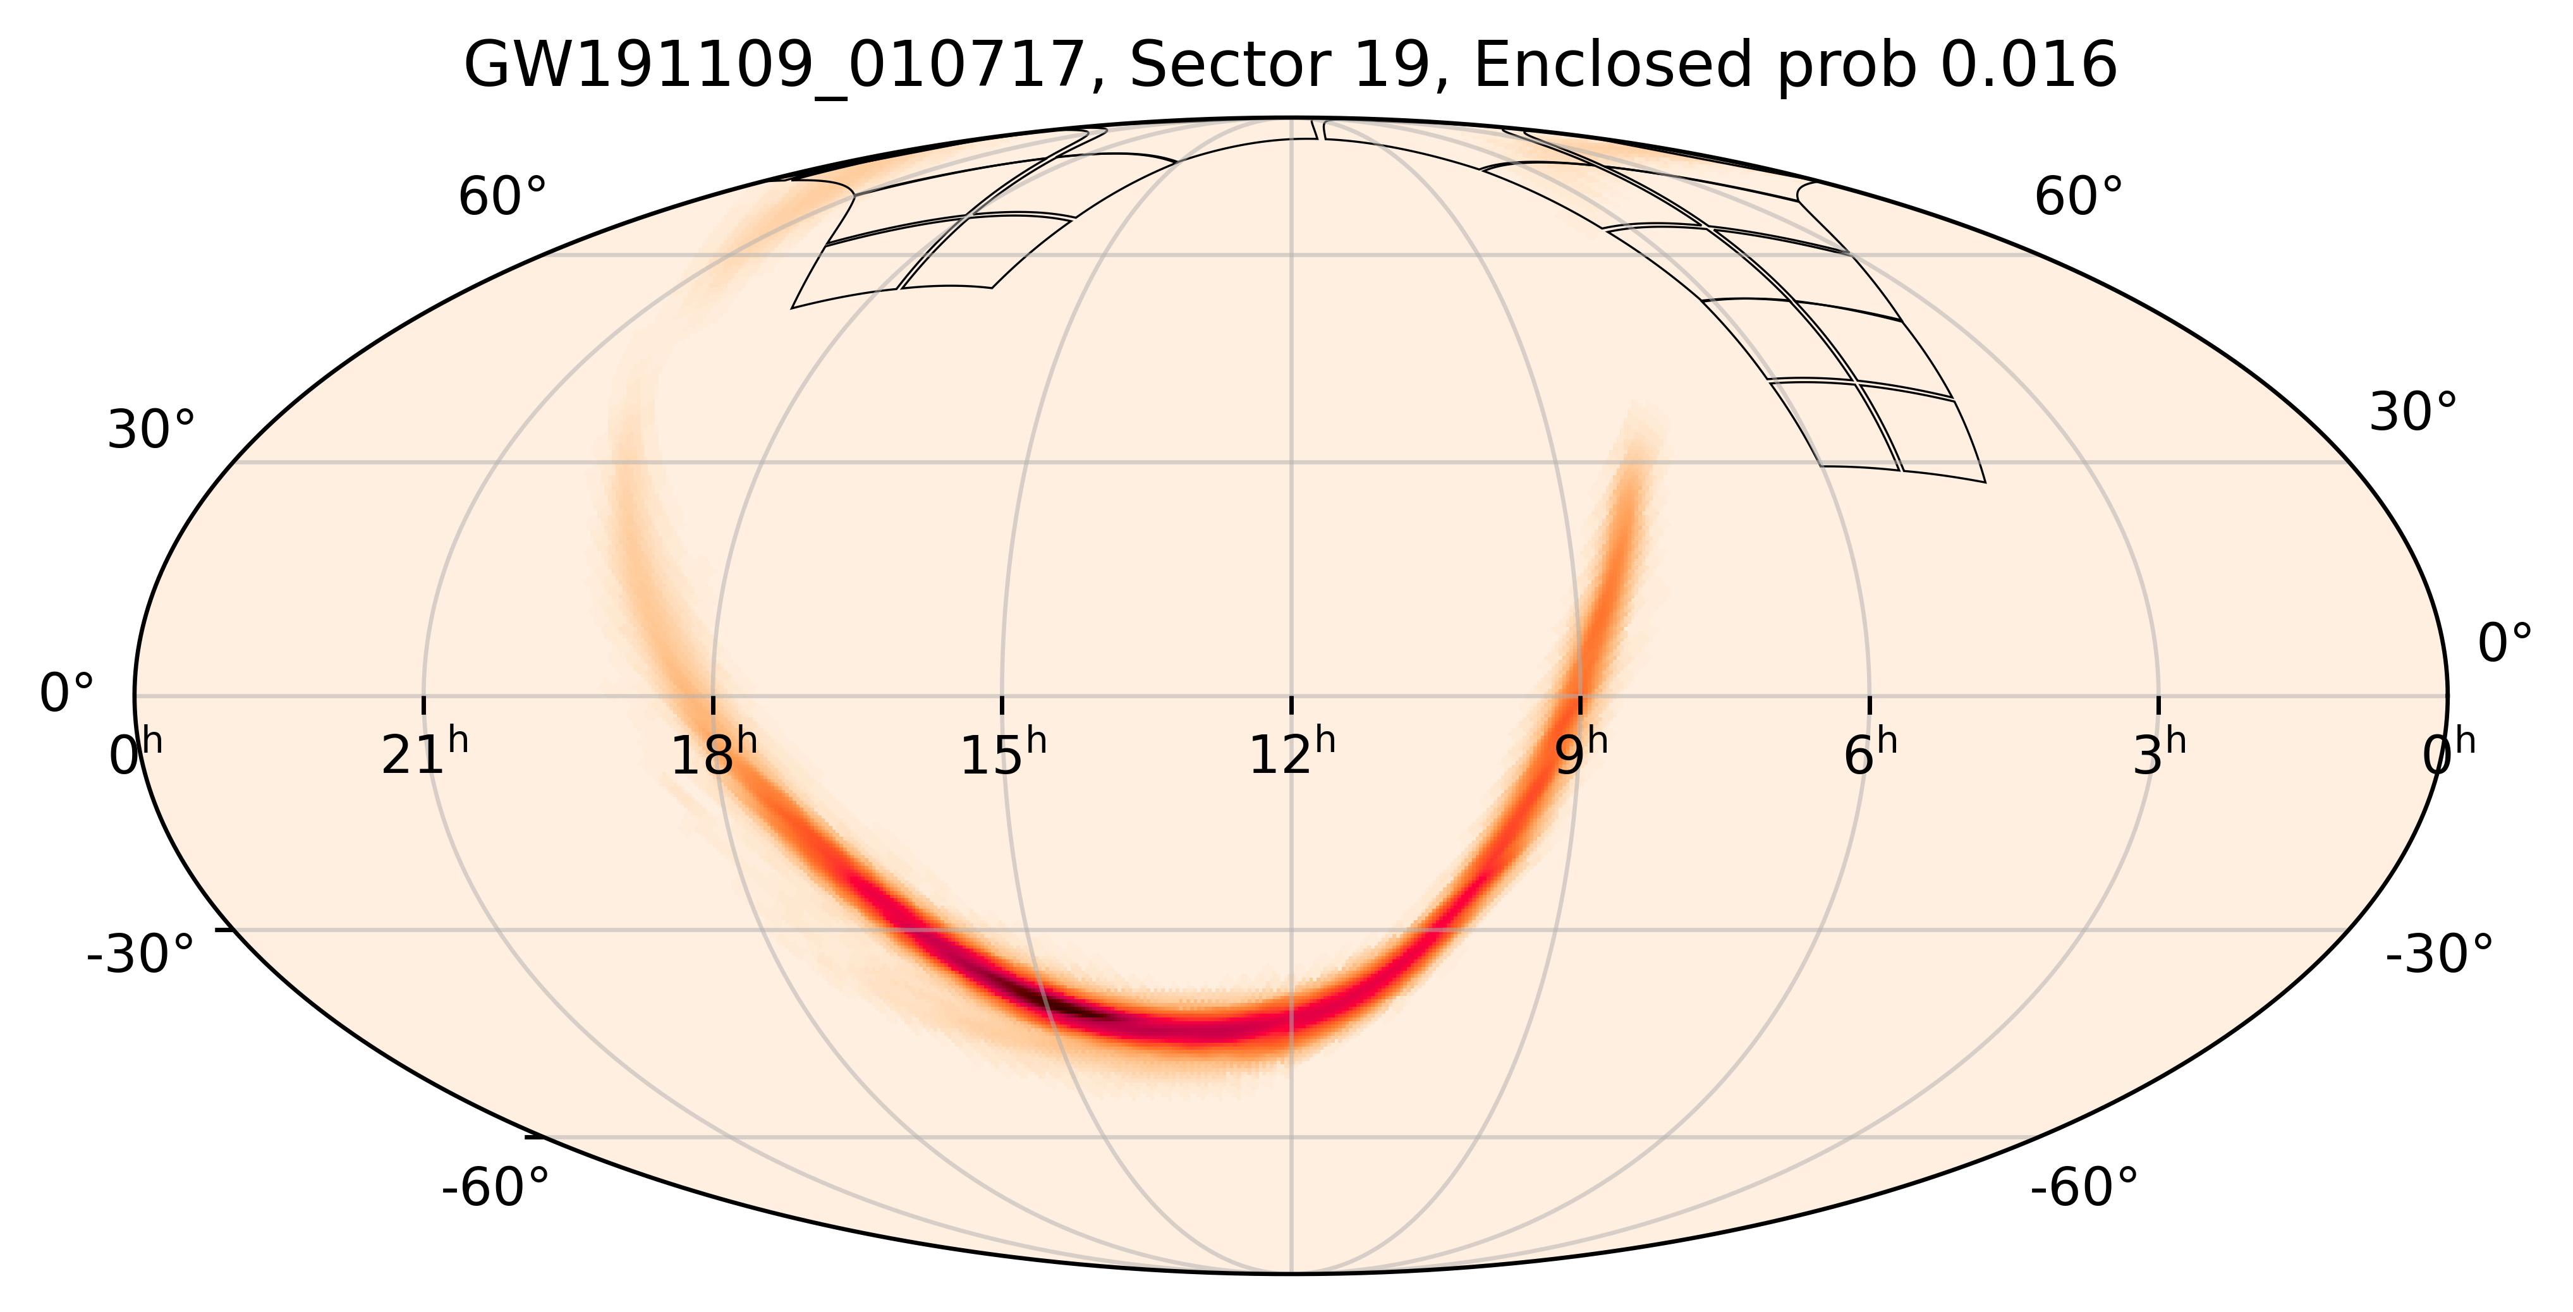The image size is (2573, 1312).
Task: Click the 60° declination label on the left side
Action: [x=502, y=198]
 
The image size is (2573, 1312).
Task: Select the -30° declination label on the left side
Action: [x=141, y=954]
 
